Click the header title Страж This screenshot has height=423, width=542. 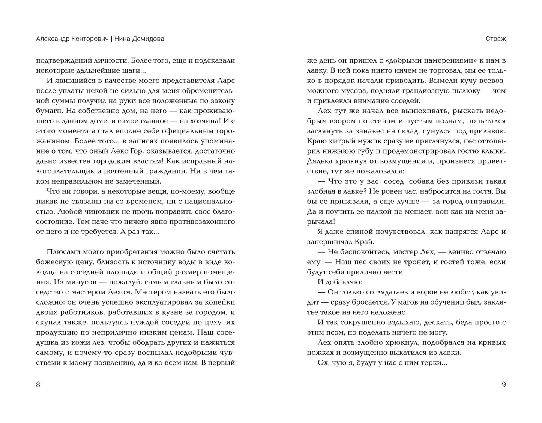pos(495,39)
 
